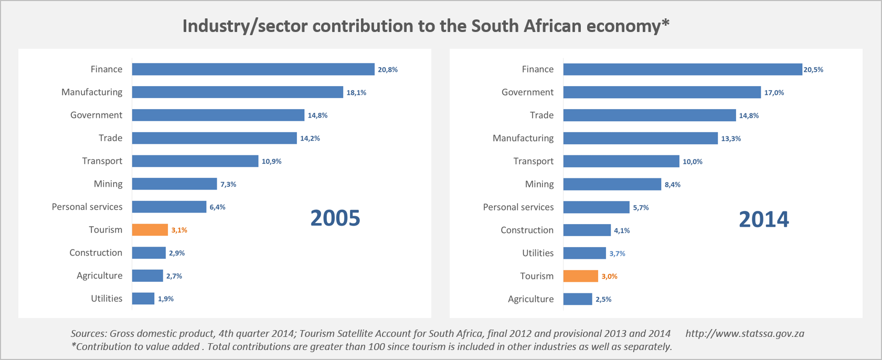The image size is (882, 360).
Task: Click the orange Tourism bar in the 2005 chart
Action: (x=150, y=230)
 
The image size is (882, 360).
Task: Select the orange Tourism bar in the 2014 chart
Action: (x=580, y=276)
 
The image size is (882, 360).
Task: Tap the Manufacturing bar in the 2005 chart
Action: (x=237, y=92)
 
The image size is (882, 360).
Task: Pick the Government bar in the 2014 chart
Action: (x=662, y=92)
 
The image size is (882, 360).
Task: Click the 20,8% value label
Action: (x=388, y=70)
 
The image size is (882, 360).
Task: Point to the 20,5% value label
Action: (x=813, y=70)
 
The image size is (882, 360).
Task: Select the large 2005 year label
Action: (x=335, y=218)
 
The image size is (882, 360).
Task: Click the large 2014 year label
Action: (x=764, y=219)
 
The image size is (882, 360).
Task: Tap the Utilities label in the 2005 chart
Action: (x=107, y=299)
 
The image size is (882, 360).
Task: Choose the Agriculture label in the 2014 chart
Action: (x=530, y=299)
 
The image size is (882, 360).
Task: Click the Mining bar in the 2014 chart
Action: (x=612, y=184)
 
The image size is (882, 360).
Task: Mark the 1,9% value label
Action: (x=166, y=299)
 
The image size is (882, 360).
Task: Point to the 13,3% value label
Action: (x=731, y=139)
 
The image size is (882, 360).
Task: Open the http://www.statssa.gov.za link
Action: (x=745, y=334)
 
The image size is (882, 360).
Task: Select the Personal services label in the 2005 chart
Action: (x=87, y=207)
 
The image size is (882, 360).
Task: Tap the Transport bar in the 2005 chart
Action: (x=195, y=161)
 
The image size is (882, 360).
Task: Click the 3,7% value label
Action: (x=617, y=253)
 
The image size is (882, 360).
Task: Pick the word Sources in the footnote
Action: (x=88, y=334)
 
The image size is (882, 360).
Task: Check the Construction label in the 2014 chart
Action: (x=527, y=230)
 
